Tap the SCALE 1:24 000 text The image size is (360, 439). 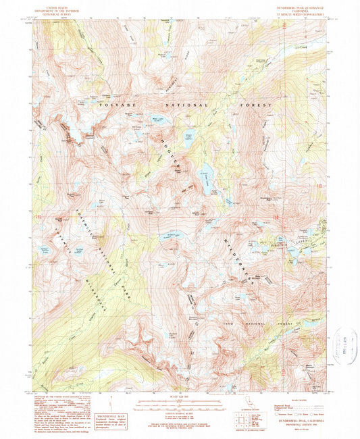[x=179, y=396]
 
